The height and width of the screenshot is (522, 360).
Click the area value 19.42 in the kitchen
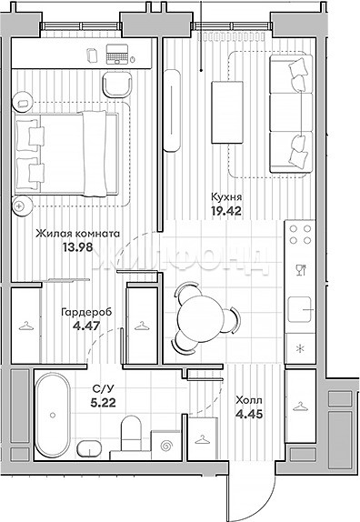tap(226, 211)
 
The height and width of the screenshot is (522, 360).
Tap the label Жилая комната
tap(77, 234)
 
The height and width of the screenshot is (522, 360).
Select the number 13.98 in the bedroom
tap(77, 247)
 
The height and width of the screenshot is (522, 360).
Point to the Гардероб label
tap(86, 312)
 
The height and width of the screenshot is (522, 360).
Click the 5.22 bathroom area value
tap(103, 403)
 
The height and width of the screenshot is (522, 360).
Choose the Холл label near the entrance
tap(249, 400)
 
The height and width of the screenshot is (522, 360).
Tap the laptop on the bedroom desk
tap(116, 54)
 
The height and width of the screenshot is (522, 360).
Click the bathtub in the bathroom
tap(53, 415)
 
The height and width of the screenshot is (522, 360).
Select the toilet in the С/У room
tap(131, 433)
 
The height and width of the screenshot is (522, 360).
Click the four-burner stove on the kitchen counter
tap(300, 235)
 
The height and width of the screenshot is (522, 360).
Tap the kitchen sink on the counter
tap(300, 309)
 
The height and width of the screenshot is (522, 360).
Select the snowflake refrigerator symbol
tap(300, 349)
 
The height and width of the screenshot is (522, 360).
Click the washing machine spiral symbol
tap(165, 445)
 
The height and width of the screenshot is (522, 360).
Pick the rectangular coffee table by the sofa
tap(227, 112)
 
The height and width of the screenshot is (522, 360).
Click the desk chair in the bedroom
tap(117, 85)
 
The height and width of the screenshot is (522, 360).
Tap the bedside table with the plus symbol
tap(23, 206)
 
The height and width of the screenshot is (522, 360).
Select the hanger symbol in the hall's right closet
tap(300, 407)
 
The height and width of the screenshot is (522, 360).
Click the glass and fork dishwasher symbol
tap(300, 269)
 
